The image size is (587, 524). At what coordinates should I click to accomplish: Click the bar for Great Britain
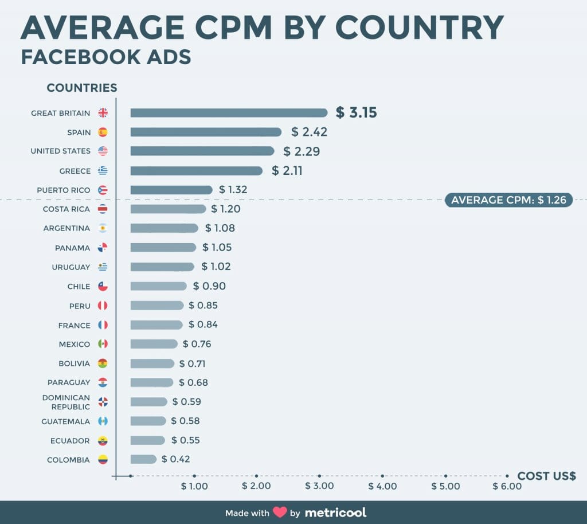[x=229, y=113]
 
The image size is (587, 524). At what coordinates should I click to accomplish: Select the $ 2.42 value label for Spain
[x=309, y=132]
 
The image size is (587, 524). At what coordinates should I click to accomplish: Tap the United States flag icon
[x=103, y=151]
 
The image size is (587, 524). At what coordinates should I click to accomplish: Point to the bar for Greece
[x=196, y=171]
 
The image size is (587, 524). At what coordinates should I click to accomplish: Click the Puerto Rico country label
[x=63, y=190]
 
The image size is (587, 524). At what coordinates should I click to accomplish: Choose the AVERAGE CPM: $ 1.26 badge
[x=508, y=200]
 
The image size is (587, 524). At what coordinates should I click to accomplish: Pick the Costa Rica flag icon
[x=103, y=209]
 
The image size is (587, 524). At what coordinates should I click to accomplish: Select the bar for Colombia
[x=143, y=459]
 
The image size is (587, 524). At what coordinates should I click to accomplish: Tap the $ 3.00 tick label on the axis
[x=319, y=486]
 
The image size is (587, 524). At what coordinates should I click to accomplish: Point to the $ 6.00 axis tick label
[x=507, y=486]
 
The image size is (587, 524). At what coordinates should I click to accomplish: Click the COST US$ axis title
[x=546, y=476]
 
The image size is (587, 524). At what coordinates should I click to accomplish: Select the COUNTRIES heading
[x=82, y=88]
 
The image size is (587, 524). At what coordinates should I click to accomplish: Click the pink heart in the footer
[x=280, y=512]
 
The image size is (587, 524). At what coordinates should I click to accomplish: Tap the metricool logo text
[x=335, y=512]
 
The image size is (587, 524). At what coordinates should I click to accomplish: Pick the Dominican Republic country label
[x=66, y=402]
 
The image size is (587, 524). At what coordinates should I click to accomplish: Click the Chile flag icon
[x=103, y=286]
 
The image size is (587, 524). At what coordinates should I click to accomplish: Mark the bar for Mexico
[x=154, y=344]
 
